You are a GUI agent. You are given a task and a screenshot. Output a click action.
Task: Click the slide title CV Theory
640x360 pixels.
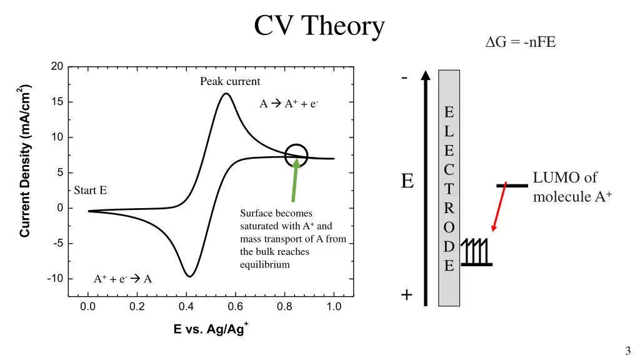319,26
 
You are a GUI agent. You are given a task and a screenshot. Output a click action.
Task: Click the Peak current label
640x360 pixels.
230,82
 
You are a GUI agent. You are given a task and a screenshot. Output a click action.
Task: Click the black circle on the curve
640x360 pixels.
296,156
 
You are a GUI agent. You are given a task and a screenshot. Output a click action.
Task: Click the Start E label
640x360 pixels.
91,191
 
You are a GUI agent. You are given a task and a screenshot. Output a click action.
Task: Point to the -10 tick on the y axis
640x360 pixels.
55,279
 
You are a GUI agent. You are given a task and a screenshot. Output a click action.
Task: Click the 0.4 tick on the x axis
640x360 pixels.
186,307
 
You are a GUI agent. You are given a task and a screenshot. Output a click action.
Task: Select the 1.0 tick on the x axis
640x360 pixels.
334,307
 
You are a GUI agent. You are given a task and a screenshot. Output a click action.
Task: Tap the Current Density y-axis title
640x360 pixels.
25,161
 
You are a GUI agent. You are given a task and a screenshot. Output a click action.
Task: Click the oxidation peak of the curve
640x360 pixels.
226,94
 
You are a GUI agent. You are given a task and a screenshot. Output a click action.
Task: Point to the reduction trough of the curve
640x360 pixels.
189,276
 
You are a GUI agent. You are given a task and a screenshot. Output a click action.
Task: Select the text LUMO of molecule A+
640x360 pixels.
571,187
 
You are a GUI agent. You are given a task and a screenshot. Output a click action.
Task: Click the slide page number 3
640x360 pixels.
627,351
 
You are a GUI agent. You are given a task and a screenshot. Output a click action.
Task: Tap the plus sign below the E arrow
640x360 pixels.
407,295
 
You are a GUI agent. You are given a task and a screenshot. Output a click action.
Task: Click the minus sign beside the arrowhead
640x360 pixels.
406,77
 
